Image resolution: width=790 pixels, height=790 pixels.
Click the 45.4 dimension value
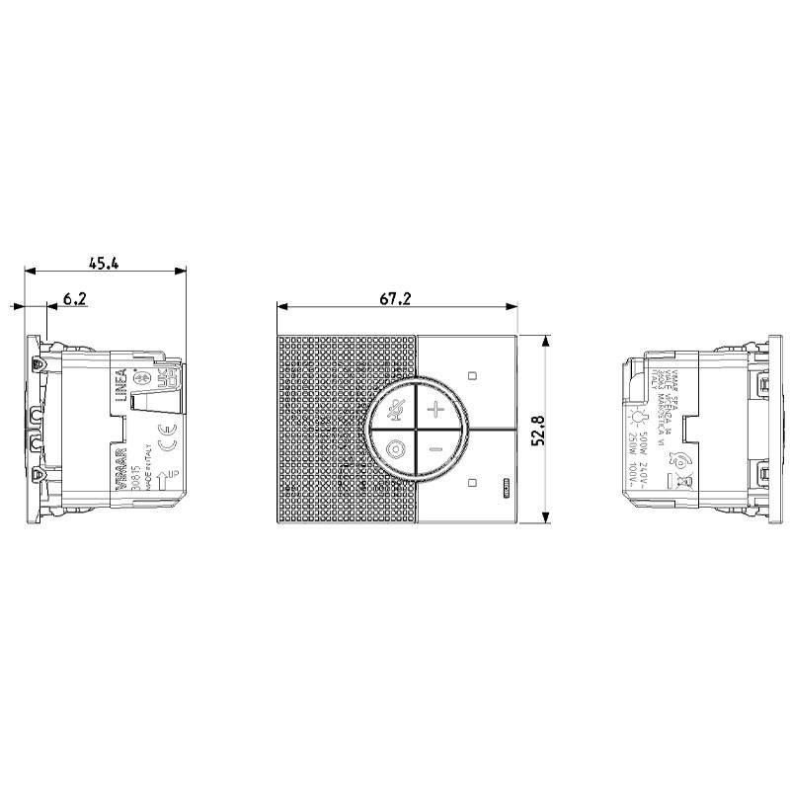pos(104,263)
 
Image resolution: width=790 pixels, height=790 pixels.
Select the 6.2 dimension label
pos(75,297)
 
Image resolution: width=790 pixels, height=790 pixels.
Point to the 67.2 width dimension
pos(396,298)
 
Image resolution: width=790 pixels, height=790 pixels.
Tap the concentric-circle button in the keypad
pos(395,451)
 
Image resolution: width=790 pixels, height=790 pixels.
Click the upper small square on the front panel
pos(472,376)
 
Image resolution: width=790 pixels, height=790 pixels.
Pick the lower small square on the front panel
pos(472,483)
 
